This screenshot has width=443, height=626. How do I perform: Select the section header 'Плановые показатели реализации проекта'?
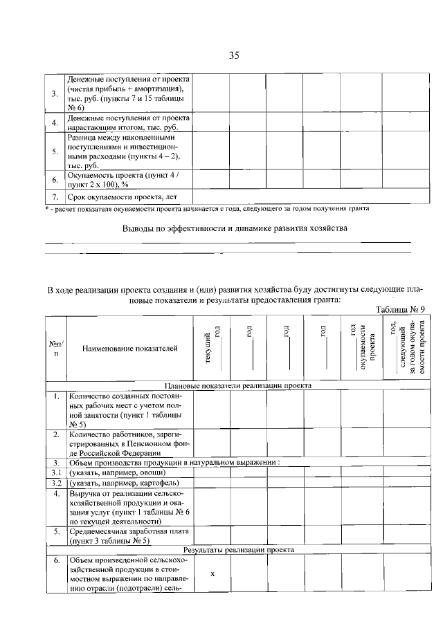pos(238,385)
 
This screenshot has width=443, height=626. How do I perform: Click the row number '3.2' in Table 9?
pos(56,482)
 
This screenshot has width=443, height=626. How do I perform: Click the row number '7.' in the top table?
pos(55,197)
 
